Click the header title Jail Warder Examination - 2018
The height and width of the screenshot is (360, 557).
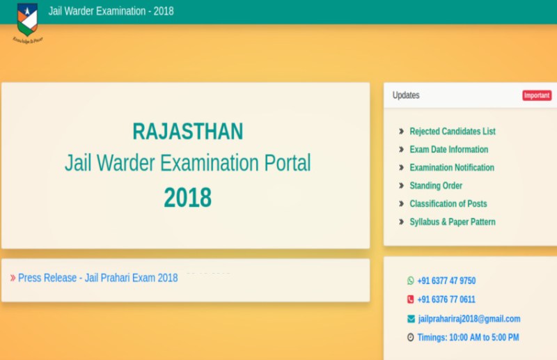(x=111, y=11)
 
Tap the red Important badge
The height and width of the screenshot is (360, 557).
(x=537, y=95)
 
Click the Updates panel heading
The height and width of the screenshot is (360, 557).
(x=406, y=95)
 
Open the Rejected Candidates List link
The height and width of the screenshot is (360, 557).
(x=452, y=131)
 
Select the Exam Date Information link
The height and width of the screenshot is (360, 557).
(x=448, y=149)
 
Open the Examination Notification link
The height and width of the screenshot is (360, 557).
(x=451, y=167)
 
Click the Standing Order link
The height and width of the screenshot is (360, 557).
(x=436, y=185)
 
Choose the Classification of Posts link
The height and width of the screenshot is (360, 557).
(x=448, y=203)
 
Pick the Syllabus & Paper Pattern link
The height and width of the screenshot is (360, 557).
(x=452, y=221)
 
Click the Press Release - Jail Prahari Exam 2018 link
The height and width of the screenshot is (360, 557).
(x=97, y=278)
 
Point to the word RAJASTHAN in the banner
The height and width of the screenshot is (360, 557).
(x=187, y=131)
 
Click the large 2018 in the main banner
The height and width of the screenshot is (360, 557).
(x=187, y=198)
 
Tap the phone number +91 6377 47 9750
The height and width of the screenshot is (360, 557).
(x=446, y=281)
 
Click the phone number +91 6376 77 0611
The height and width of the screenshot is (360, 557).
(x=446, y=299)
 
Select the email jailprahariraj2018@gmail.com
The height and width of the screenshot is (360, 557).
(x=469, y=319)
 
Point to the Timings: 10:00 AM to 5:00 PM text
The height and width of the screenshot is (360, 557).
(x=468, y=338)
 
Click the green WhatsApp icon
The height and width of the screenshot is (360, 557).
(x=410, y=281)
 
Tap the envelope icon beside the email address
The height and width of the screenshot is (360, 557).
(x=410, y=319)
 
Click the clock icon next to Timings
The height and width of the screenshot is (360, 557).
(x=410, y=338)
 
